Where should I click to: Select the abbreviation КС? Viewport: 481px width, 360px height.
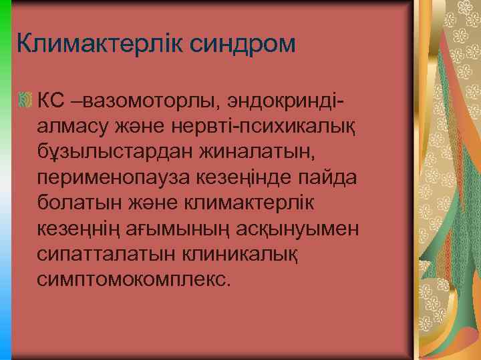point(51,101)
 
